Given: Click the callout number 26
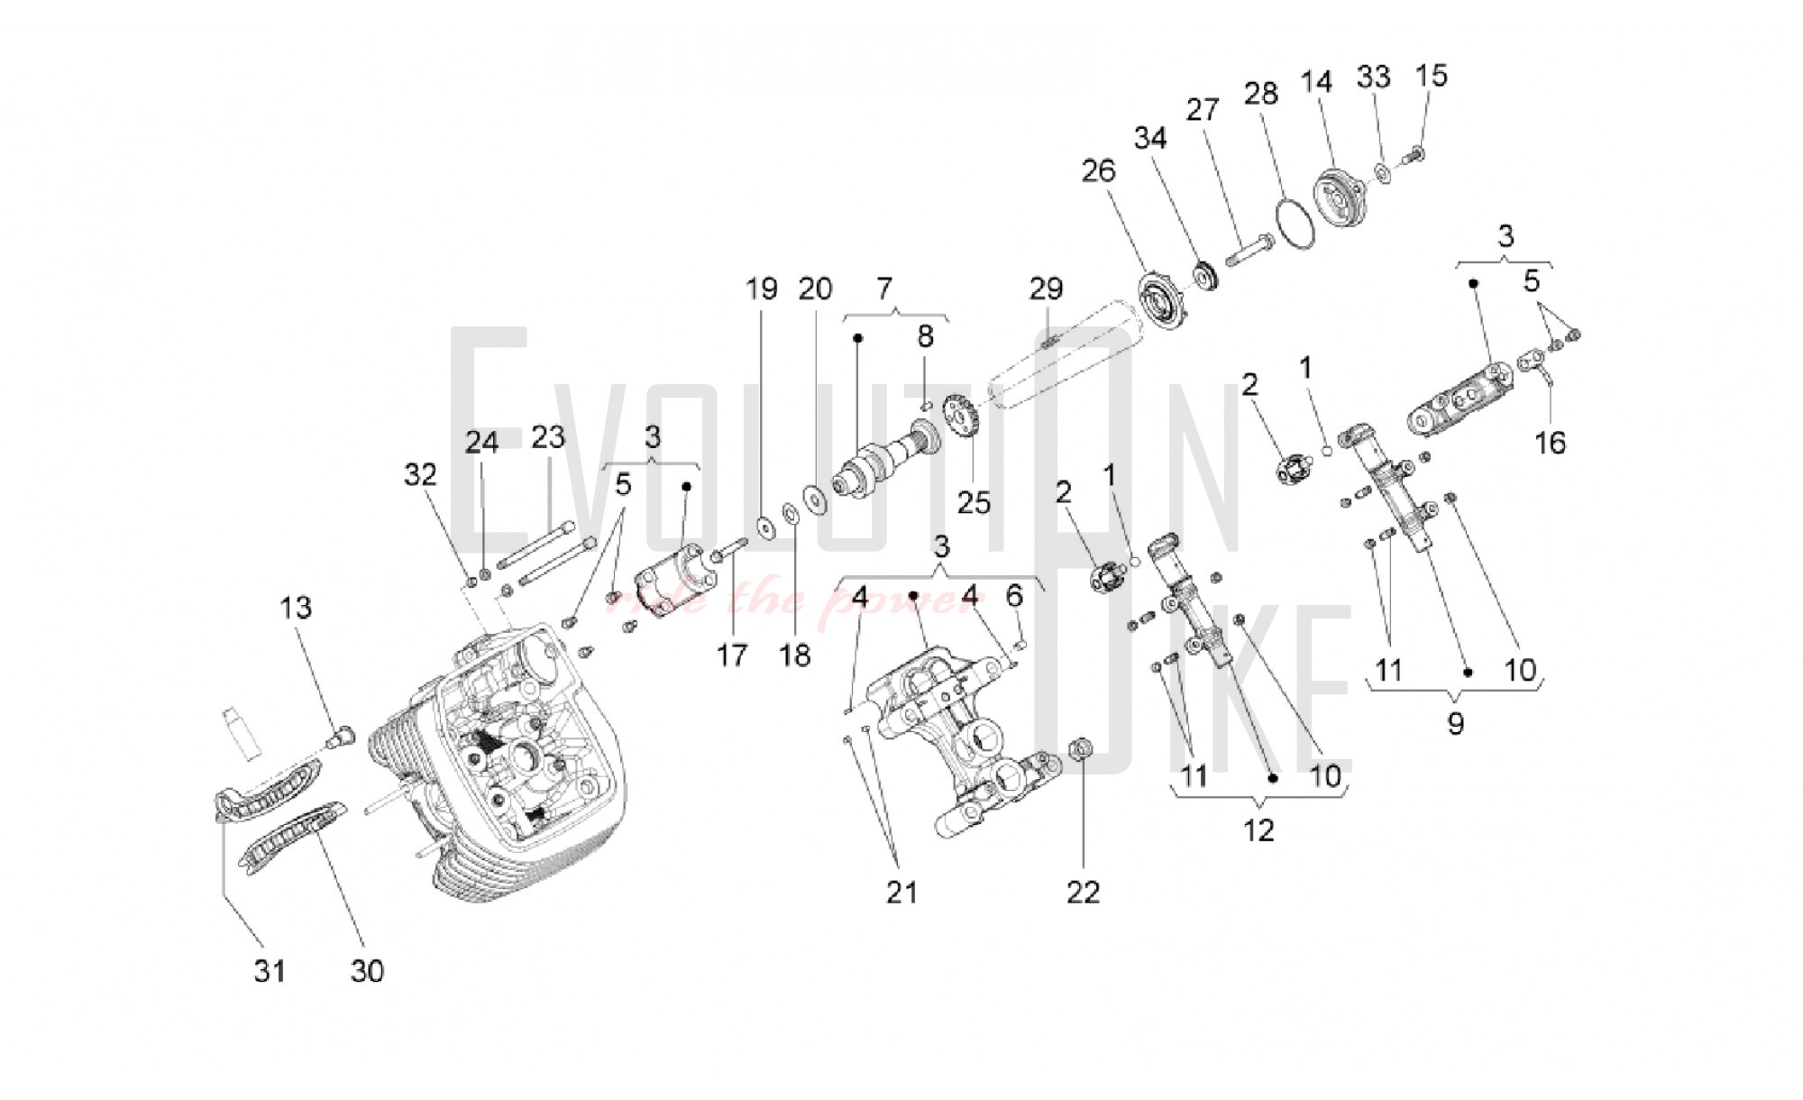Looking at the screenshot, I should pos(1098,170).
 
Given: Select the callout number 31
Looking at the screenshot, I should pos(270,971).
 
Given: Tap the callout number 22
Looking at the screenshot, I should pos(1083,893).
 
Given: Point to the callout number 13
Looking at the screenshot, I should pos(296,608).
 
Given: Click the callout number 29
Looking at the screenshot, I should pos(1046,289).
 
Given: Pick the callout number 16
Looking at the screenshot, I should pos(1550,443).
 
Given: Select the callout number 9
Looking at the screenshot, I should pos(1455,723).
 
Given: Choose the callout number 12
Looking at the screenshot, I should pos(1258,830).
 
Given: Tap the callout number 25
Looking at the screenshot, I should pos(974,502).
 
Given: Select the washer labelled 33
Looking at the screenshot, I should pos(1384,171).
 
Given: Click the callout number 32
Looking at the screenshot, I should pos(420,475).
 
